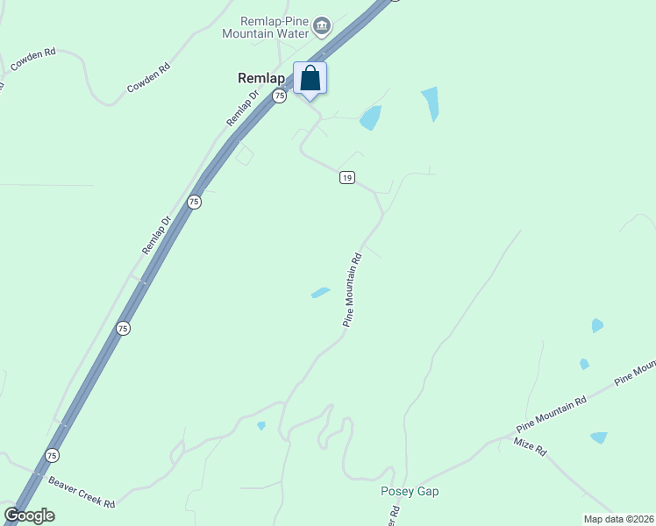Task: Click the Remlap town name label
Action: point(262,78)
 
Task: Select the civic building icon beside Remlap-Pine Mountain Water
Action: point(322,26)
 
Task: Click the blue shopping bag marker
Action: point(310,79)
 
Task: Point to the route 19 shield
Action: point(346,178)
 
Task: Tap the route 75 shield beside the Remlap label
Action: point(279,96)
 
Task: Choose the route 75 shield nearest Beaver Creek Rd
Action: point(52,456)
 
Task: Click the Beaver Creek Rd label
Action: point(82,492)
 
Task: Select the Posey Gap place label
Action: point(410,491)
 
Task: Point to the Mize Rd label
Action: point(531,447)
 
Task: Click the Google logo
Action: point(30,515)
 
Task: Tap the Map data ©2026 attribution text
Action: point(618,519)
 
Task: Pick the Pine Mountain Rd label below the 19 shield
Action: point(353,290)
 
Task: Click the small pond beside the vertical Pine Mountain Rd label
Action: point(320,293)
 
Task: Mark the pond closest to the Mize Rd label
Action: point(599,437)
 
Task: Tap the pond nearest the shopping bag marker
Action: point(371,117)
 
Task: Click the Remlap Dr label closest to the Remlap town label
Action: point(243,108)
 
